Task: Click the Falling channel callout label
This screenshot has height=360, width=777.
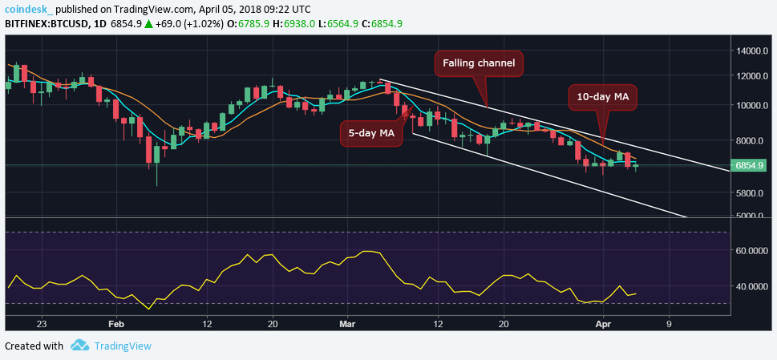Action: point(479,63)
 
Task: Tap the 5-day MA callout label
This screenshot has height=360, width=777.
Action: point(370,133)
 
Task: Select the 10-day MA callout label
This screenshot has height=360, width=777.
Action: point(603,98)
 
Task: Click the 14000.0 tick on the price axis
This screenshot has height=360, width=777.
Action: point(751,51)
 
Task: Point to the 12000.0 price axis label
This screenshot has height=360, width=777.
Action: point(751,77)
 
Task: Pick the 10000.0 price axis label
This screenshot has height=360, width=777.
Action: point(751,106)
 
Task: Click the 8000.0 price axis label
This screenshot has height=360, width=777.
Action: point(751,141)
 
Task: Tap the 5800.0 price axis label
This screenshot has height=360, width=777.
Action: point(751,193)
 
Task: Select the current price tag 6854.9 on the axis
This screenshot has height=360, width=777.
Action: point(751,166)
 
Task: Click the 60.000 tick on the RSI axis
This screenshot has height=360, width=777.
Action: point(751,251)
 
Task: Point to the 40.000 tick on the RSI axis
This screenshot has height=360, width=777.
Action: point(751,286)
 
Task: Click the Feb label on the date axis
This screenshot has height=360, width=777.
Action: point(116,324)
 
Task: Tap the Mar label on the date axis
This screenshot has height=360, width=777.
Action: point(346,324)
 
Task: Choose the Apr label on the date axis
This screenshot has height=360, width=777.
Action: point(602,324)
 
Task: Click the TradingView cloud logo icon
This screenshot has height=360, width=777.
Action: point(79,346)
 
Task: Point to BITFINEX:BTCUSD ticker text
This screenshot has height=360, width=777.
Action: point(47,24)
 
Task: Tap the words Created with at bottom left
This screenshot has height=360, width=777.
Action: point(34,346)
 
